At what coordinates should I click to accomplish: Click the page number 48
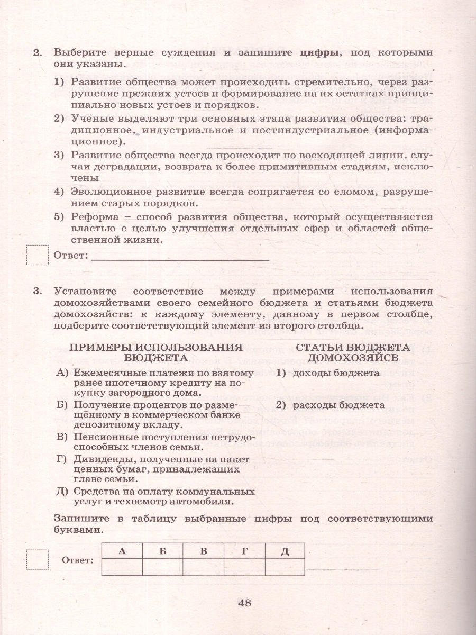click(244, 602)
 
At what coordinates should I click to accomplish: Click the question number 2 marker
click(37, 52)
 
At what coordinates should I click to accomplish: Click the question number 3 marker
click(37, 291)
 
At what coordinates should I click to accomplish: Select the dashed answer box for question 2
click(37, 255)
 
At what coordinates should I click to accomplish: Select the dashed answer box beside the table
click(37, 560)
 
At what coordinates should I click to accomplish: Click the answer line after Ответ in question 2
click(180, 257)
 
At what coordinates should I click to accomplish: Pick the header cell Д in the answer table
click(285, 551)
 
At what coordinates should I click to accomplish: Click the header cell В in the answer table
click(203, 551)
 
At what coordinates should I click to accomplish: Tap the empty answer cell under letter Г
click(244, 567)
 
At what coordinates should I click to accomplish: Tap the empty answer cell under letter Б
click(162, 567)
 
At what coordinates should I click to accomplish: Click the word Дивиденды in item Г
click(101, 459)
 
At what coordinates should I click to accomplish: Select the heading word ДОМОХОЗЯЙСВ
click(353, 358)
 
